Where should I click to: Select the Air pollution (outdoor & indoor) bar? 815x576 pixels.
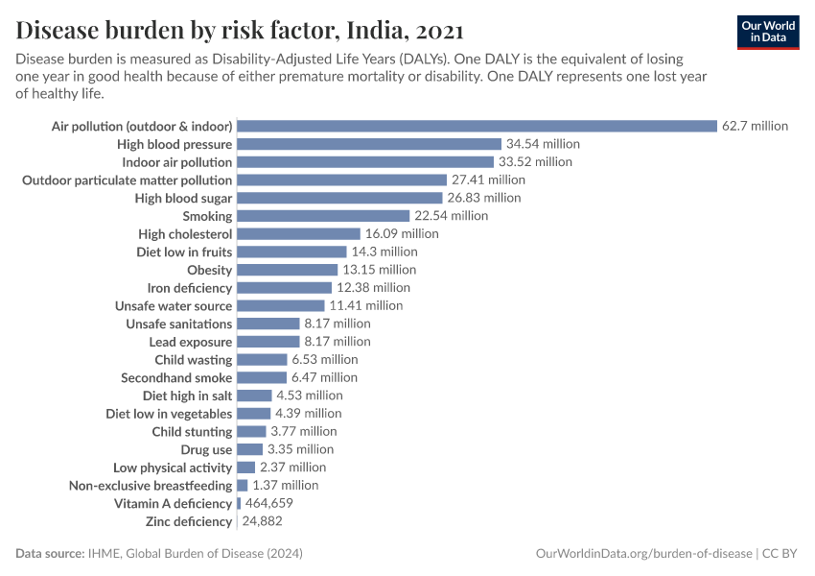pos(477,126)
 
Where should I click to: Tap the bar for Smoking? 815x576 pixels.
pos(323,216)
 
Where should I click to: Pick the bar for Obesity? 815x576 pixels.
pos(287,270)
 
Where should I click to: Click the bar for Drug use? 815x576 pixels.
pos(249,449)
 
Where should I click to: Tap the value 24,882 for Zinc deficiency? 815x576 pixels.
pos(262,521)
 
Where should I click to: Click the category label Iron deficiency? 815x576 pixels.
pos(189,288)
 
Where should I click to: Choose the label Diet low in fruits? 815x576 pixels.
pos(184,252)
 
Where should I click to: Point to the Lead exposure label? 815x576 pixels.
pos(190,342)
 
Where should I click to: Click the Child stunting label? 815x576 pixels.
pos(192,432)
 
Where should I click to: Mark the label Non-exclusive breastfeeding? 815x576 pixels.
pos(151,486)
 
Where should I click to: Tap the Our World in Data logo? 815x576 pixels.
pos(767,32)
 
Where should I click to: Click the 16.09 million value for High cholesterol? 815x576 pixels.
pos(402,234)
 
